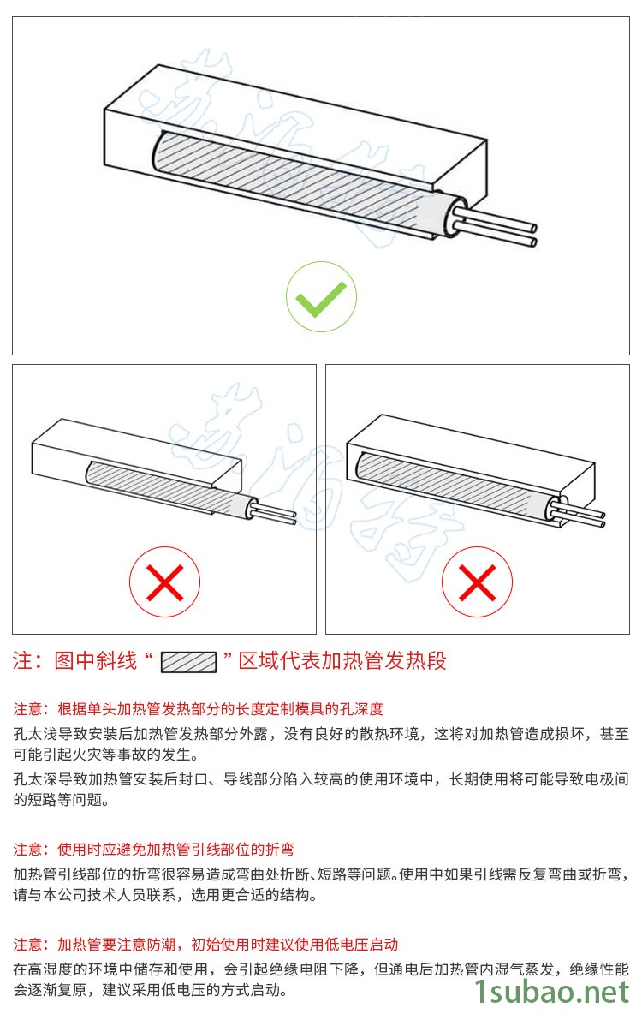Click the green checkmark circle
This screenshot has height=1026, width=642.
tap(321, 297)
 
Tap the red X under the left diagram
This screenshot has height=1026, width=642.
tap(164, 582)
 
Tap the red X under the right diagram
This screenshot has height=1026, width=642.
tap(478, 582)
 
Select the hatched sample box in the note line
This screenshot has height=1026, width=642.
tap(188, 662)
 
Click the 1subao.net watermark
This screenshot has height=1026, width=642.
tap(550, 992)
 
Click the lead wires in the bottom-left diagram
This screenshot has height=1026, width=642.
tap(275, 514)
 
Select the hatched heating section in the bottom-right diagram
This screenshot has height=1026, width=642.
tap(451, 482)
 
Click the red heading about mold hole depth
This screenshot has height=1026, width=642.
tap(198, 709)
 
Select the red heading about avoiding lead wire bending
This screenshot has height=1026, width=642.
tap(153, 850)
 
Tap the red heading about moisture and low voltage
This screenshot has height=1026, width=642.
tap(205, 945)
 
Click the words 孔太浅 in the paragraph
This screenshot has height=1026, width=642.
tap(35, 734)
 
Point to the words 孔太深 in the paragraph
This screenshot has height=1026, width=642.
tap(35, 779)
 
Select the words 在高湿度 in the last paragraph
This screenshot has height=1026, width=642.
tap(43, 969)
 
